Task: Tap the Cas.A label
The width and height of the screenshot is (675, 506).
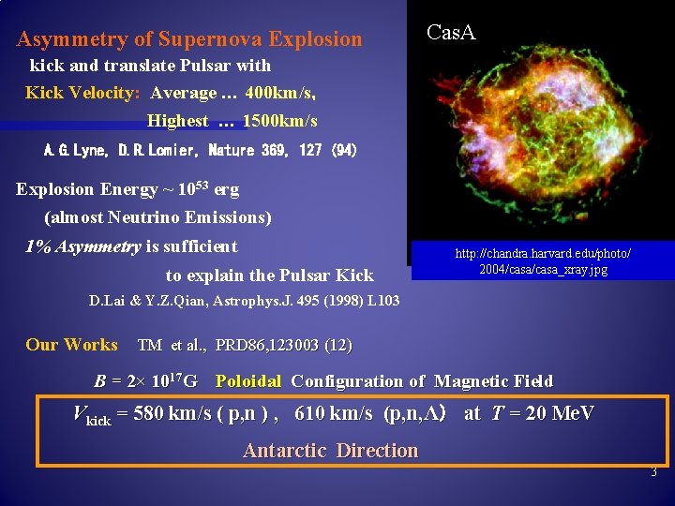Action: pyautogui.click(x=451, y=33)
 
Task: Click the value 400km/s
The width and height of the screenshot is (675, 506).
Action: pyautogui.click(x=280, y=93)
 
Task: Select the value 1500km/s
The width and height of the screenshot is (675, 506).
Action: pyautogui.click(x=279, y=121)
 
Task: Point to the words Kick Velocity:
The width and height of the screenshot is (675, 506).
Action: pyautogui.click(x=82, y=93)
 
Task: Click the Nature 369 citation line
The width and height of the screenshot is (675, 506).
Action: pyautogui.click(x=201, y=150)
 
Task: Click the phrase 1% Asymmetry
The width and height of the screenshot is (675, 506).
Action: pyautogui.click(x=82, y=246)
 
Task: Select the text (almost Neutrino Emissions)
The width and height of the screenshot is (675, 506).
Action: pyautogui.click(x=157, y=217)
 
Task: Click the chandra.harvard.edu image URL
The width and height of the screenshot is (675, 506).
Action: pyautogui.click(x=543, y=261)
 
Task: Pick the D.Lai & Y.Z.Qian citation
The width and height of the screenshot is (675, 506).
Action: pyautogui.click(x=244, y=301)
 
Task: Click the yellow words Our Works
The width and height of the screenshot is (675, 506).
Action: pyautogui.click(x=71, y=344)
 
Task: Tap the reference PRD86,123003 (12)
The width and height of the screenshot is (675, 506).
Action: pyautogui.click(x=284, y=345)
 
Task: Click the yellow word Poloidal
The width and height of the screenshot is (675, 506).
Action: pyautogui.click(x=248, y=381)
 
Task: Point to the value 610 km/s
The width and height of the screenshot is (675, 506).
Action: pyautogui.click(x=334, y=413)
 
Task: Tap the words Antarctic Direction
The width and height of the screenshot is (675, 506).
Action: pyautogui.click(x=330, y=451)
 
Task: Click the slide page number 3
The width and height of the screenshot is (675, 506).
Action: pyautogui.click(x=653, y=473)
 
